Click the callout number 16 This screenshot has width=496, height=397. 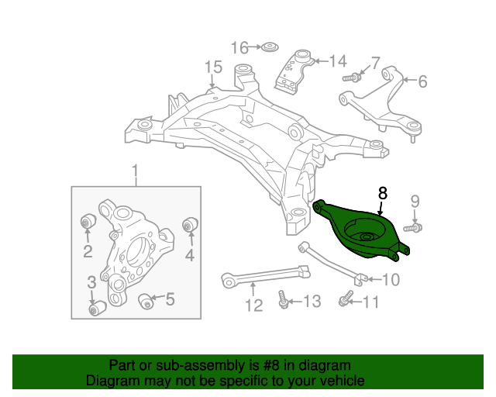(239, 47)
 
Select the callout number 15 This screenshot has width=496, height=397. (214, 67)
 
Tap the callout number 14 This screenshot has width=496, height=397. (338, 61)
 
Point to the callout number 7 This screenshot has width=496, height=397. (375, 62)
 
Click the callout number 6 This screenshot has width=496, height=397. (422, 81)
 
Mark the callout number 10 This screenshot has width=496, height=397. (391, 279)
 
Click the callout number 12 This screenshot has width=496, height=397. (254, 306)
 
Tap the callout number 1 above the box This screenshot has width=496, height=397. (136, 170)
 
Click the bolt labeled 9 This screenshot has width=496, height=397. (412, 228)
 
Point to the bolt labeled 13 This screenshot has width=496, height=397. (282, 300)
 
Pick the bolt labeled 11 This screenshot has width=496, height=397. (346, 299)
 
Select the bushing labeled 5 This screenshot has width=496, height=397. (145, 299)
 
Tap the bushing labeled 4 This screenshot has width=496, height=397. (187, 226)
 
